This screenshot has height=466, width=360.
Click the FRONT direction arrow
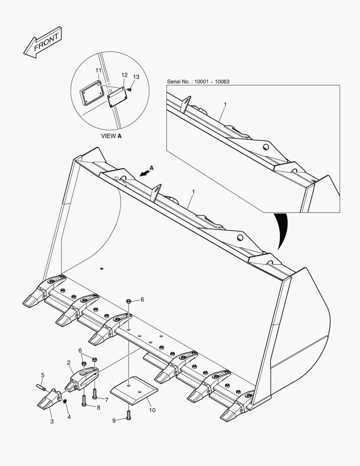click(x=43, y=42)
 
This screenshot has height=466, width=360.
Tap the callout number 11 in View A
click(x=98, y=70)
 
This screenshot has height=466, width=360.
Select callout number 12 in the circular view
click(x=124, y=75)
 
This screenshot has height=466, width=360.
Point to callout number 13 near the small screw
click(x=136, y=77)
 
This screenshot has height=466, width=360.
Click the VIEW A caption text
click(x=111, y=136)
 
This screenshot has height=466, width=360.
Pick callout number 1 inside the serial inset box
click(x=225, y=104)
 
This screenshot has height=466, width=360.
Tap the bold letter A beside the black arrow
click(x=151, y=167)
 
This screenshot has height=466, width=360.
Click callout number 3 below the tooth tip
click(x=52, y=421)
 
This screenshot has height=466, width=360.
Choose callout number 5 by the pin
click(x=43, y=375)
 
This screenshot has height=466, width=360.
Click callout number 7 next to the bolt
click(x=106, y=400)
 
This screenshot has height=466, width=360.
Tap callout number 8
click(x=98, y=407)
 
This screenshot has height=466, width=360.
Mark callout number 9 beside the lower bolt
click(x=114, y=421)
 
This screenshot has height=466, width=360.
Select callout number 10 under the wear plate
click(x=152, y=410)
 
